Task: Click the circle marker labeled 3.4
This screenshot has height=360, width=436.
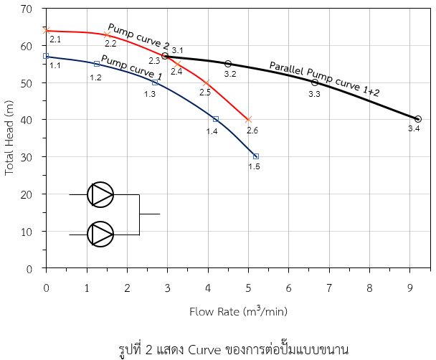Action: (417, 119)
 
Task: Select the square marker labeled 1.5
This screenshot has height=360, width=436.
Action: (256, 156)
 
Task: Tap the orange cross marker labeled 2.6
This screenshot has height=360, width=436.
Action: (249, 120)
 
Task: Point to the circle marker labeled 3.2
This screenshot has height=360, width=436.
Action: (228, 64)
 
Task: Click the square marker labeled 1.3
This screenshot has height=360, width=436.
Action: (155, 82)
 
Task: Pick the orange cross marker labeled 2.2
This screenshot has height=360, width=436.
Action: (108, 34)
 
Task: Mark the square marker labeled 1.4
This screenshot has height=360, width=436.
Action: (216, 119)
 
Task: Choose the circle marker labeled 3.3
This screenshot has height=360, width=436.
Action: (315, 82)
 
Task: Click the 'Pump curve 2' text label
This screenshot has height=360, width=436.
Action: (138, 37)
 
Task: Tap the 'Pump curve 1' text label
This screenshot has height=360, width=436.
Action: (131, 67)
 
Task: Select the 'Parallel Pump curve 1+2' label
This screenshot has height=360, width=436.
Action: (324, 79)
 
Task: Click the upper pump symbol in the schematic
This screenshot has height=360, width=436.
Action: (100, 194)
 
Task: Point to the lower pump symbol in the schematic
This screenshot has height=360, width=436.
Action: (100, 234)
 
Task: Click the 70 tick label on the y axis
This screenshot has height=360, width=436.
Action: (27, 9)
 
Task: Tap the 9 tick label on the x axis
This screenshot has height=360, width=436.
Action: (410, 288)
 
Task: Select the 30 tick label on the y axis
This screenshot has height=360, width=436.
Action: (27, 157)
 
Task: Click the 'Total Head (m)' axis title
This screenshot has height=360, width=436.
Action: (9, 138)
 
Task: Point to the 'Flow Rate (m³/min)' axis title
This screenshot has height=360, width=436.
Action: (238, 311)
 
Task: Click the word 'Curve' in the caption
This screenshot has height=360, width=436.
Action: (204, 350)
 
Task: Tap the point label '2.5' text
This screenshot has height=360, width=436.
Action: (205, 93)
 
